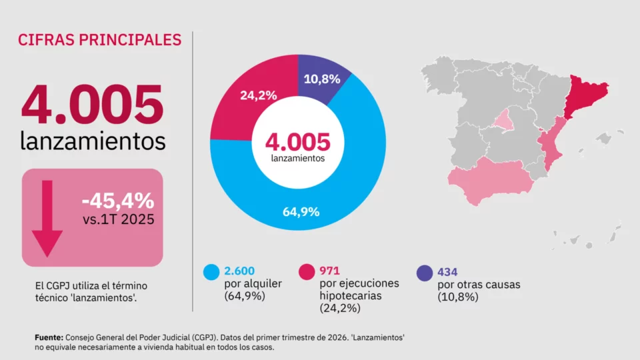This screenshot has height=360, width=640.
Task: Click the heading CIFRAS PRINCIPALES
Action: (99, 40)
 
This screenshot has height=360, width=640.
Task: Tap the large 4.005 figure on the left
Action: (93, 104)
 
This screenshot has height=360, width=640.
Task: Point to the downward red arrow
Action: (47, 219)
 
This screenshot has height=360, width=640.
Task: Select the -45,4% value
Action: (118, 201)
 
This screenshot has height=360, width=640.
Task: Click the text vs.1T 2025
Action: (119, 219)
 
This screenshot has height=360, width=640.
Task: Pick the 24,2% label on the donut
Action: (259, 95)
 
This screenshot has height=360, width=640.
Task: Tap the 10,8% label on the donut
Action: (321, 79)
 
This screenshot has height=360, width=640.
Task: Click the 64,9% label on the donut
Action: (301, 212)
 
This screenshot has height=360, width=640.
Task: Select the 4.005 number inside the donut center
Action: (297, 141)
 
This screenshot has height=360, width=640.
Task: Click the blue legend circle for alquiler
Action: (211, 272)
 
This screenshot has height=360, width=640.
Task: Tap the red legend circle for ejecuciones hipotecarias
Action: (307, 272)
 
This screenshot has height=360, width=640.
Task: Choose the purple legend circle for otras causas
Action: (425, 273)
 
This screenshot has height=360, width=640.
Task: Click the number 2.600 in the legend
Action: (239, 271)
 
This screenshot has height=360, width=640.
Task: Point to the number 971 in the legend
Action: (329, 271)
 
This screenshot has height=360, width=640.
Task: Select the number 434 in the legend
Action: (447, 272)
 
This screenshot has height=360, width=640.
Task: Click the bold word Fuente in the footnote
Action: (49, 337)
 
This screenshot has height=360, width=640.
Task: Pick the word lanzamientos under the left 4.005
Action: (93, 141)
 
